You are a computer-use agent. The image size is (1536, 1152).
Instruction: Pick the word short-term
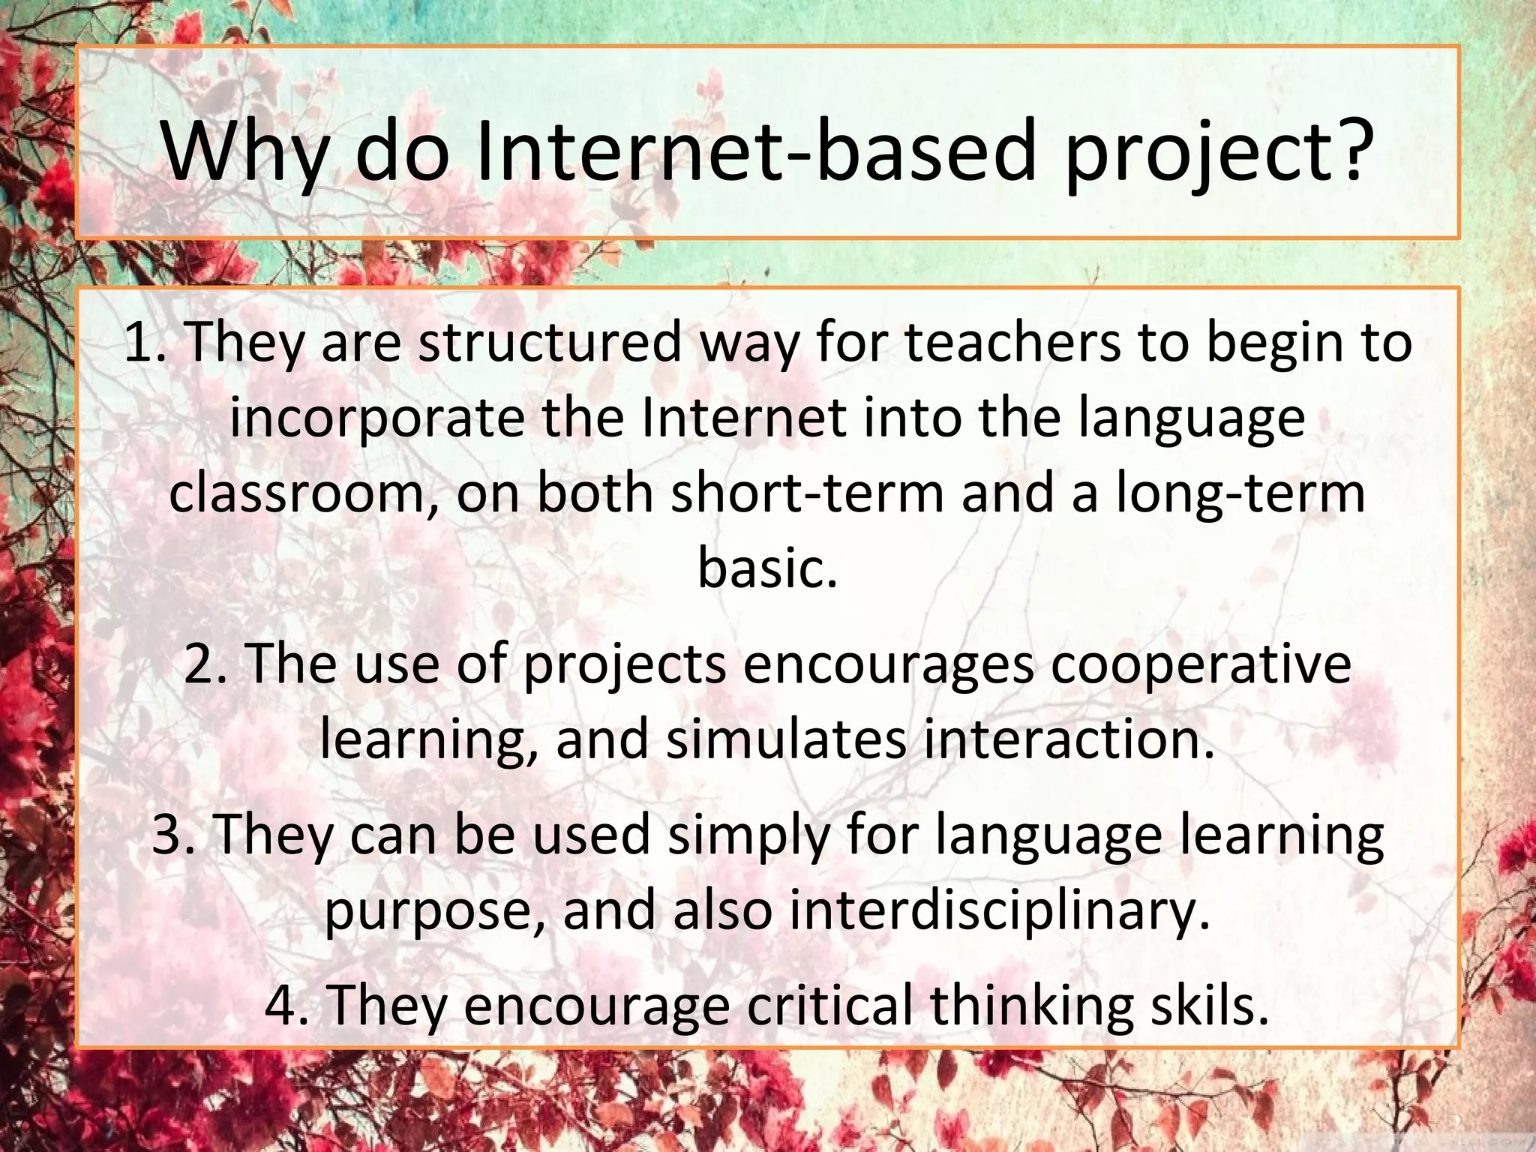point(807,494)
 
